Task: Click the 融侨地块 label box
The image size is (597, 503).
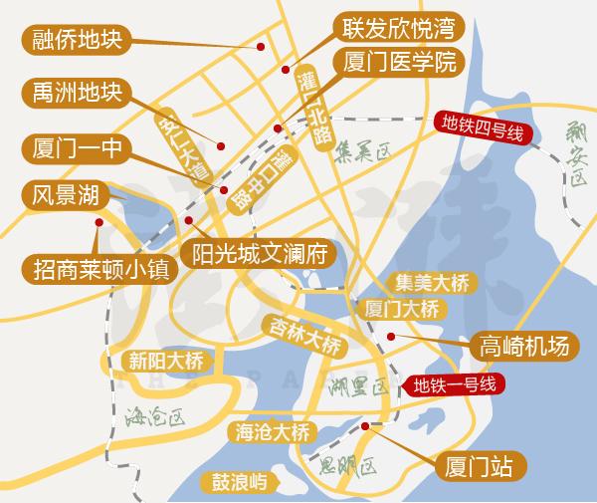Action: [x=75, y=41]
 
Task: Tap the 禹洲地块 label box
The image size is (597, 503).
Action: [x=75, y=95]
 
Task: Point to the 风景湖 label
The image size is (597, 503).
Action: [x=62, y=193]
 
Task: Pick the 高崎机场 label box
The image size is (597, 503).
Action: [x=523, y=346]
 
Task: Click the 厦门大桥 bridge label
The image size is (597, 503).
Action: [x=402, y=308]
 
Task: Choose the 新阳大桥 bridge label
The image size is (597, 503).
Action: [x=160, y=360]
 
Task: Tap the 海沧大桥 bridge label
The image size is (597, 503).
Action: [x=273, y=432]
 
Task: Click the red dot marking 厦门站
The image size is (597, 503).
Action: [x=365, y=426]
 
